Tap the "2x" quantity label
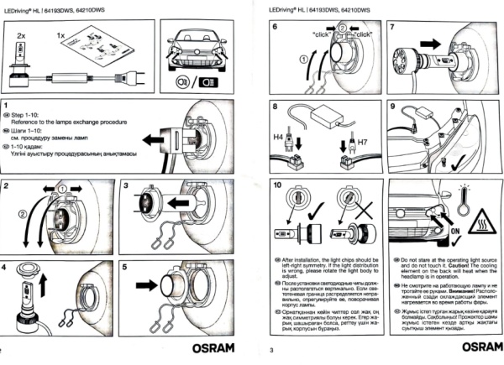(x=22, y=39)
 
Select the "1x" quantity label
(x=58, y=39)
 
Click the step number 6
(x=275, y=27)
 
